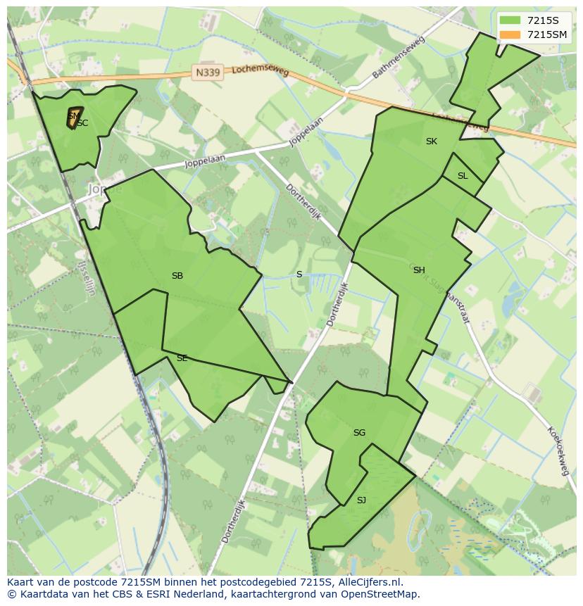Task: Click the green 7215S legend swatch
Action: [510, 20]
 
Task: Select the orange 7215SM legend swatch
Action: [510, 34]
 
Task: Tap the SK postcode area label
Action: [432, 141]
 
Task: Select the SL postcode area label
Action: [463, 176]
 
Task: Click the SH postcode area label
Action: [419, 270]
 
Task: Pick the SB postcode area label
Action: [177, 276]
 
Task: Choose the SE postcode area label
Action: [182, 358]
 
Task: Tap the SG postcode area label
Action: [359, 433]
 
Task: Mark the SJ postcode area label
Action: [361, 500]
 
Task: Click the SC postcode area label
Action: [83, 123]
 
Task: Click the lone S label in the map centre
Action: [299, 274]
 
